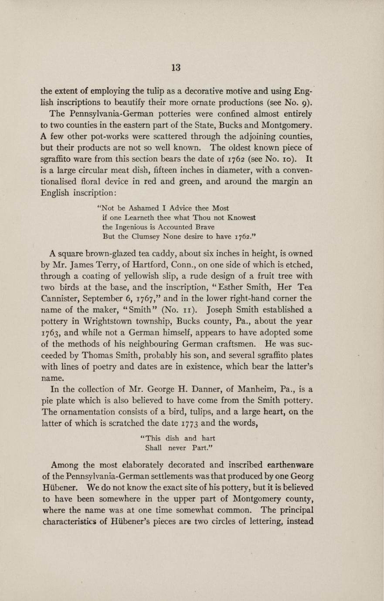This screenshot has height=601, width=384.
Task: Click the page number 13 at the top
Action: pyautogui.click(x=176, y=68)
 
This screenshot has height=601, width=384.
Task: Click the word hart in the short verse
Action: pyautogui.click(x=208, y=438)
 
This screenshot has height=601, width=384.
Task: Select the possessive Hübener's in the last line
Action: pyautogui.click(x=129, y=521)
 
